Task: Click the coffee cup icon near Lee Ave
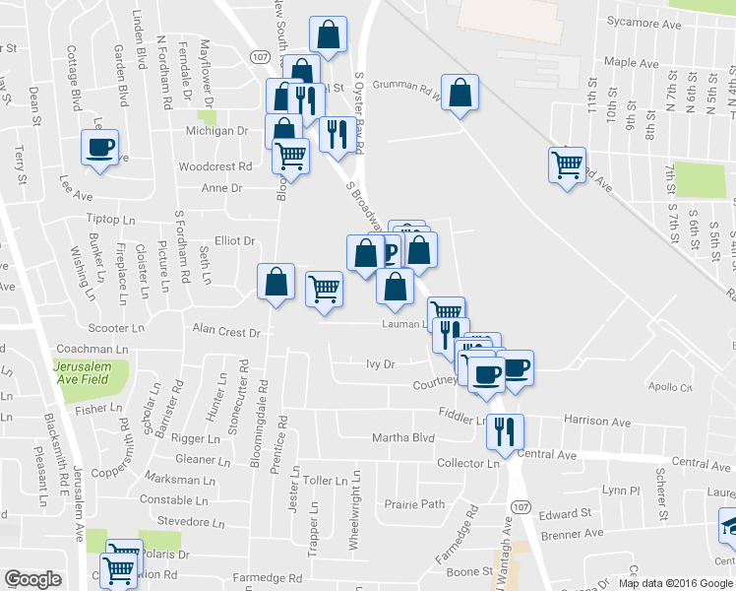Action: coord(99,148)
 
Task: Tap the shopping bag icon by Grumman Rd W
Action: coord(459,94)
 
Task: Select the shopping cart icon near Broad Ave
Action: coord(567,164)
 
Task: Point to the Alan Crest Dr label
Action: coord(225,332)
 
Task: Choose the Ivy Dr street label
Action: coord(380,363)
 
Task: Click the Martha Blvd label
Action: coord(402,437)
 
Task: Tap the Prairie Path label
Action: coord(414,504)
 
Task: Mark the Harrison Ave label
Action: coord(597,422)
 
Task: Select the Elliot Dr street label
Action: coord(234,240)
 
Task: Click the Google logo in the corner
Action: coord(32,579)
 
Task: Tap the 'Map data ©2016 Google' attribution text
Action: coord(675,582)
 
